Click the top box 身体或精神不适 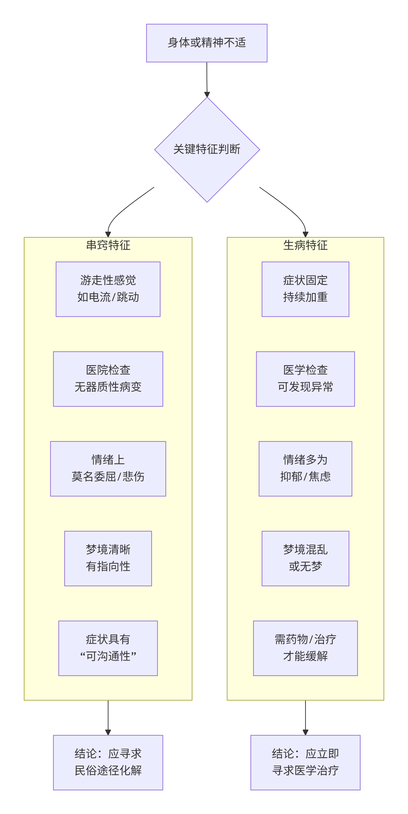coord(207,43)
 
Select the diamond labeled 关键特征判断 coord(207,149)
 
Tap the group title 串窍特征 coord(108,245)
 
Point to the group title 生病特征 coord(305,245)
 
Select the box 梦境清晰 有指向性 coord(108,558)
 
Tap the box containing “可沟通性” coord(108,648)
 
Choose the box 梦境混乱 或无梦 coord(305,558)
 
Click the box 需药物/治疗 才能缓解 coord(305,648)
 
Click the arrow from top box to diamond coord(207,79)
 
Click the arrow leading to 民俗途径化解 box coord(108,717)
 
